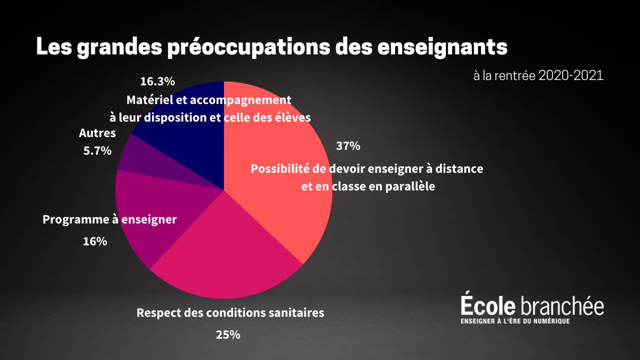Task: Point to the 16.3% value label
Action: [x=157, y=82]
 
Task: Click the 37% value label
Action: [x=348, y=146]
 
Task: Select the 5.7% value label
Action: [x=97, y=151]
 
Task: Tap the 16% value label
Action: [x=95, y=241]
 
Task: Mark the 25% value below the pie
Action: [x=228, y=335]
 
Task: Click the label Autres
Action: [x=97, y=133]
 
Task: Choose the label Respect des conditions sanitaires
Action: [x=230, y=313]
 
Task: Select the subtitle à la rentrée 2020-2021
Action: [x=538, y=76]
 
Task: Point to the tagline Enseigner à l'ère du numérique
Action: [x=515, y=321]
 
